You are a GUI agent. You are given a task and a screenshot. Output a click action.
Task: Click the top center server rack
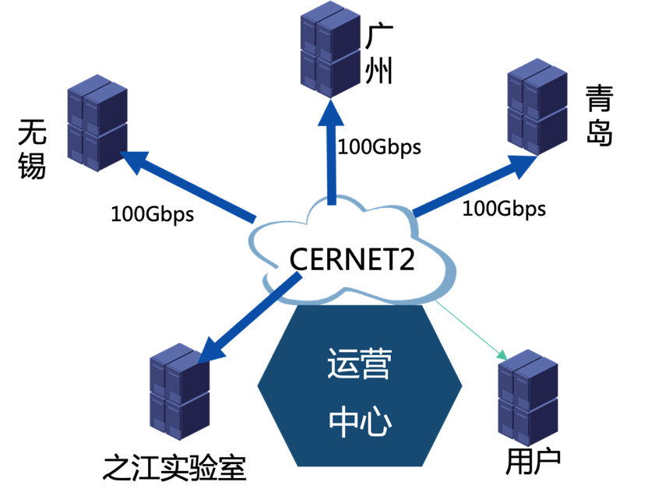click(x=330, y=48)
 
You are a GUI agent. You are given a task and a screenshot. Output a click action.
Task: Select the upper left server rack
click(x=97, y=122)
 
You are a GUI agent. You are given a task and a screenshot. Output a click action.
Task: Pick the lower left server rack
click(x=179, y=391)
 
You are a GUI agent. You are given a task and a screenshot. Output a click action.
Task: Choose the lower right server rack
click(x=527, y=397)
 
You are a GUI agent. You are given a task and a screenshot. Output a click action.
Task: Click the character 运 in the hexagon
click(x=342, y=364)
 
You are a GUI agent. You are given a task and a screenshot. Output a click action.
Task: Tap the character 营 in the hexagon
click(x=375, y=364)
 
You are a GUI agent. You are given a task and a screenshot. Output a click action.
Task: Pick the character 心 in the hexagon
click(x=375, y=421)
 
